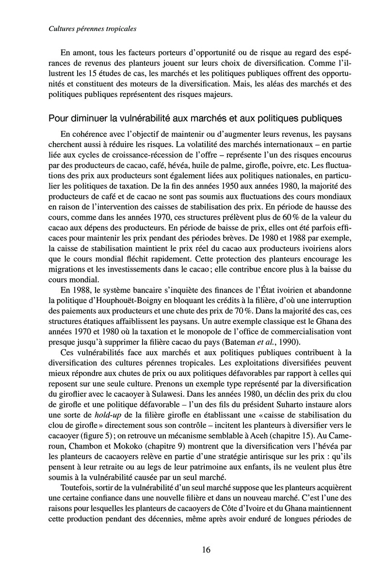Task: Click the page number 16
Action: click(206, 550)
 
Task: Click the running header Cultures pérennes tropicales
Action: click(93, 29)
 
